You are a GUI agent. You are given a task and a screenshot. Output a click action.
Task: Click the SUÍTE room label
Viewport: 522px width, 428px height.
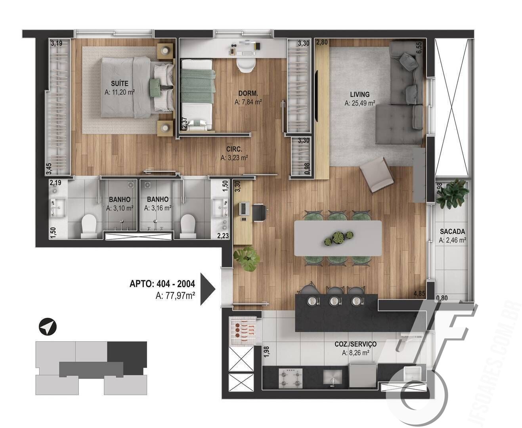point(119,84)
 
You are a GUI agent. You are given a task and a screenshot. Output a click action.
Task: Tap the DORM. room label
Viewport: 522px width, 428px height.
point(248,94)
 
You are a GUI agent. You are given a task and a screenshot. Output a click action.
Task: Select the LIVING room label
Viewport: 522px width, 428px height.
point(359,94)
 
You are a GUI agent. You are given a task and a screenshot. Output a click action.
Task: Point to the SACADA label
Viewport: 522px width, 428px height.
point(452,231)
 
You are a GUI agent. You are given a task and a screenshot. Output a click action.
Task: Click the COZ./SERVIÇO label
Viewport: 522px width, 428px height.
point(355,344)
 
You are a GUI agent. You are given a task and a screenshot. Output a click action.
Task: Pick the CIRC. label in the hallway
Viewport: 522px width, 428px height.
point(234,149)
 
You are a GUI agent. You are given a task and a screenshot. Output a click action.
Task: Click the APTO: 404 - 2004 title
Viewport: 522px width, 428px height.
point(162,284)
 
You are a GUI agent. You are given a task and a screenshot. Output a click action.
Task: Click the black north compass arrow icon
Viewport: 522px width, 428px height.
point(48,327)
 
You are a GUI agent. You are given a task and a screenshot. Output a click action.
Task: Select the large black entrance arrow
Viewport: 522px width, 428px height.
point(207,289)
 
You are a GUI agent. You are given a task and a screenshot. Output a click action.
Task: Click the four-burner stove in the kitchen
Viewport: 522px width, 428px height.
point(291,378)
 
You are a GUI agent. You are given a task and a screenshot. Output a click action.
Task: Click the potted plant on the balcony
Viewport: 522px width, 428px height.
point(451,193)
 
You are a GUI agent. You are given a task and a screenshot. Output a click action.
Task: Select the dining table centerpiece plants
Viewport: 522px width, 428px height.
point(338,238)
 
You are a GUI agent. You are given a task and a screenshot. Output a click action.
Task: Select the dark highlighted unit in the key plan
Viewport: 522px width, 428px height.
point(127,354)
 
